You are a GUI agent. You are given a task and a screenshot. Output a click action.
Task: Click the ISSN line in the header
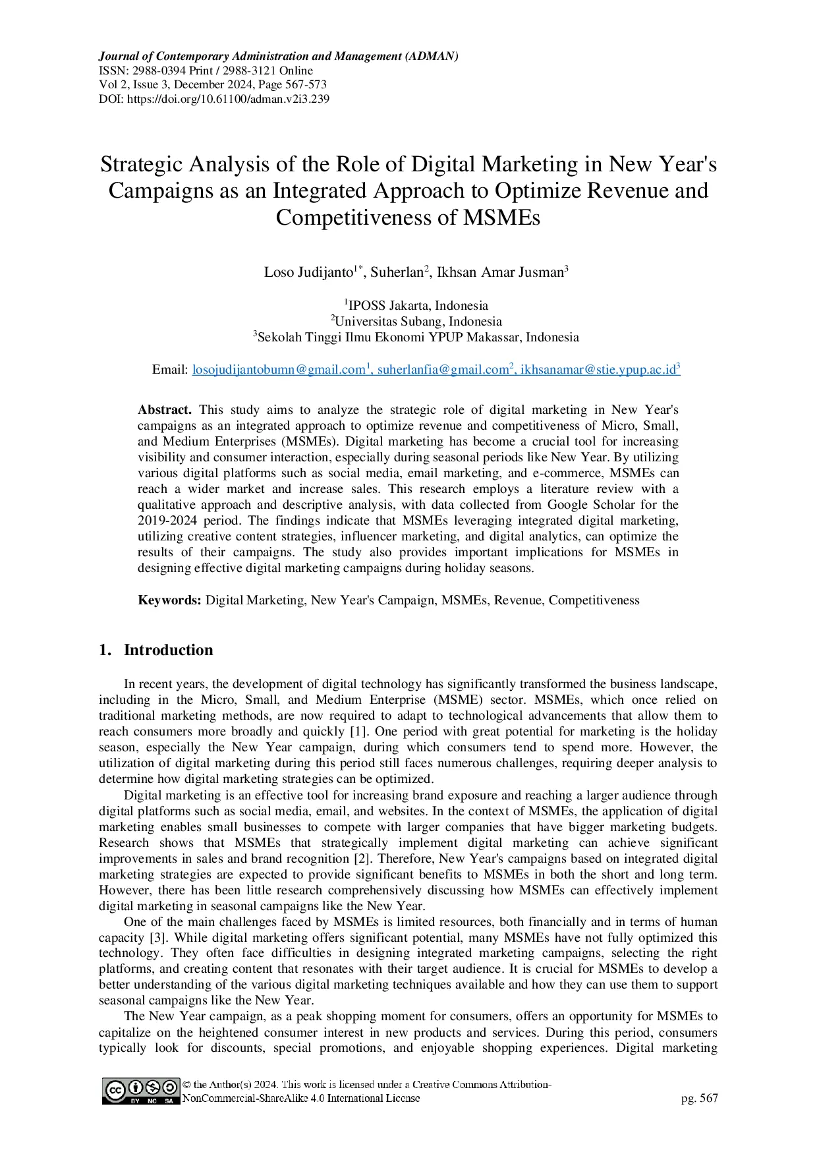206,71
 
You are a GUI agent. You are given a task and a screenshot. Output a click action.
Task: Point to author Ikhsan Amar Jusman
500,272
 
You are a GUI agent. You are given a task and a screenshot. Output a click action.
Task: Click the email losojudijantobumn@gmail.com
278,370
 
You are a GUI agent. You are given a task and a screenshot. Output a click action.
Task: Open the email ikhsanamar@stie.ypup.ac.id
598,370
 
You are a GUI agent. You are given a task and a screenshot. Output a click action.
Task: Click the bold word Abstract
164,410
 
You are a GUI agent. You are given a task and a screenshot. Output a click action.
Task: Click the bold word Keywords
169,600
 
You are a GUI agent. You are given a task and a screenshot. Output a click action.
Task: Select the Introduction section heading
168,650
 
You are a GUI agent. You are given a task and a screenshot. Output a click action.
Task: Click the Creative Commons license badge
140,1091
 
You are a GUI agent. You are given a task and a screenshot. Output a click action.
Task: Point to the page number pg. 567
699,1098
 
